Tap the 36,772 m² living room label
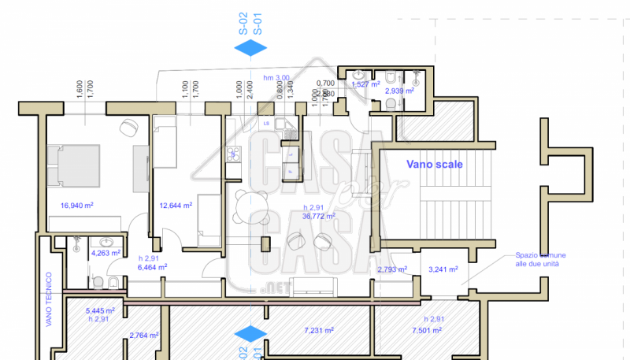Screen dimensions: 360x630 tap(319, 215)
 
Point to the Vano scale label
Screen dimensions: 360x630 tap(434, 165)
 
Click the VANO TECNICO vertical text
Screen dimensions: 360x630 tap(49, 299)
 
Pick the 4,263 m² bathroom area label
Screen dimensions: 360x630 tap(106, 254)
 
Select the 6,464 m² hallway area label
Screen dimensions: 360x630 tap(152, 267)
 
